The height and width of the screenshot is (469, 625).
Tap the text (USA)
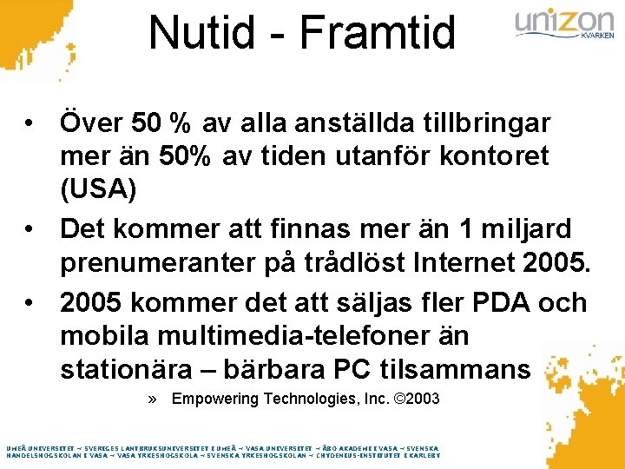tap(98, 188)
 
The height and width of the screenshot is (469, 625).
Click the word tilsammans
tap(455, 368)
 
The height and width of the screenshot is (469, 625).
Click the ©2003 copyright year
tap(417, 400)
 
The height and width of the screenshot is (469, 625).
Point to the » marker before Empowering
tap(154, 400)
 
